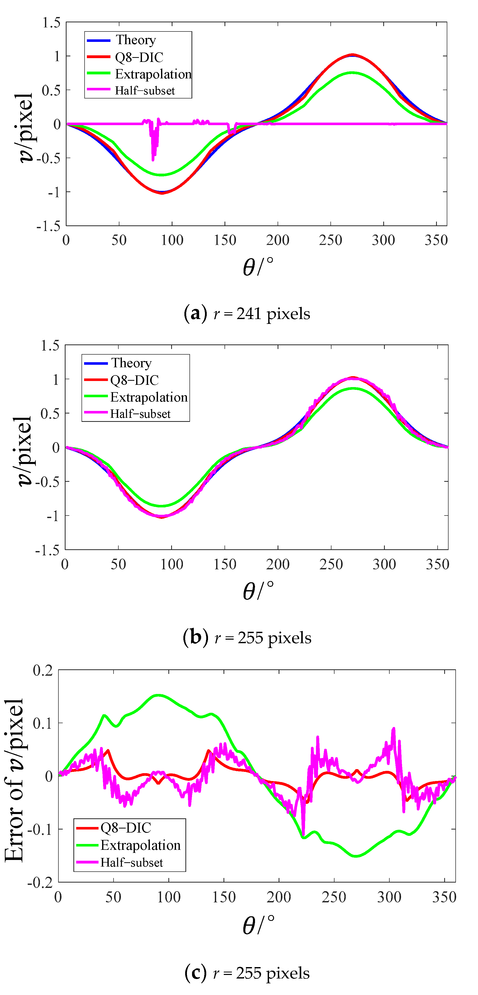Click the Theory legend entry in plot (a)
point(135,40)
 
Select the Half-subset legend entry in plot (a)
point(145,90)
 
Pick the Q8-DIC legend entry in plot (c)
point(125,828)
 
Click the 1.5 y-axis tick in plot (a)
point(51,23)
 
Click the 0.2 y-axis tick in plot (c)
point(42,670)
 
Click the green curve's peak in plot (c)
point(158,695)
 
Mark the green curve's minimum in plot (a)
point(162,175)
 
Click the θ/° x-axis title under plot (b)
point(258,591)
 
